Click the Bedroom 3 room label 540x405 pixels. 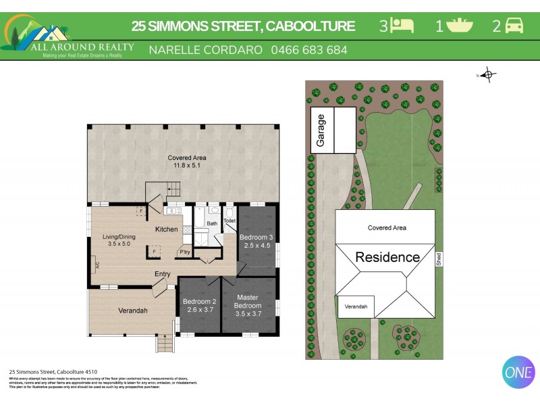pos(256,237)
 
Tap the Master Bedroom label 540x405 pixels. pos(248,301)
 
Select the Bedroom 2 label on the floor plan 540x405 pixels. pos(200,302)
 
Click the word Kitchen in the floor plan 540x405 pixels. pos(167,230)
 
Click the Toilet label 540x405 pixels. pos(230,221)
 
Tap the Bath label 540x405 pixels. pos(212,223)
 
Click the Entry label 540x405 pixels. pos(162,273)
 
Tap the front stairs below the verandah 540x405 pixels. pos(165,344)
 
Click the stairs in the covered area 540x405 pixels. pos(173,190)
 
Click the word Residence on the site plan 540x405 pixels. pos(387,257)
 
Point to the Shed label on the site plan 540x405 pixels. pos(438,259)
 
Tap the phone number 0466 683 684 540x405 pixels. pos(309,50)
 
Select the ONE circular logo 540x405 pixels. pos(518,371)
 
